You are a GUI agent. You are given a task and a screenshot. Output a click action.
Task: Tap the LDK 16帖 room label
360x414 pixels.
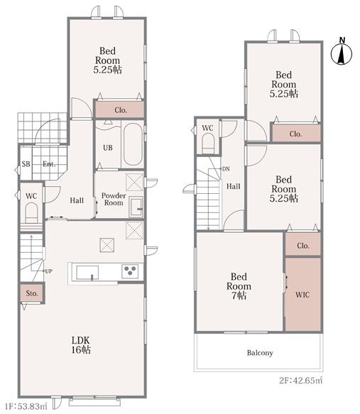[x=81, y=345]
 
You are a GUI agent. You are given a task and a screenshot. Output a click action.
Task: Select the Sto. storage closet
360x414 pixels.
[x=32, y=293]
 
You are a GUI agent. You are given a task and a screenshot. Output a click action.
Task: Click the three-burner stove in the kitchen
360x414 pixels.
[x=130, y=271]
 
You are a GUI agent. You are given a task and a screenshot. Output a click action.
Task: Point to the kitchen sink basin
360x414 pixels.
[x=87, y=273]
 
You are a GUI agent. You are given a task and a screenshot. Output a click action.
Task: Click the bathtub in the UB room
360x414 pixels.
[x=133, y=144]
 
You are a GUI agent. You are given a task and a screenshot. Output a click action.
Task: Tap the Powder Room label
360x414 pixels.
[x=114, y=199]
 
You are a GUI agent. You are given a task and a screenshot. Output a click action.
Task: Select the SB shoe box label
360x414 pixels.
[x=26, y=164]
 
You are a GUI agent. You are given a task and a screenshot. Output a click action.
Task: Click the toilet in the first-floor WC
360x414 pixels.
[x=31, y=213]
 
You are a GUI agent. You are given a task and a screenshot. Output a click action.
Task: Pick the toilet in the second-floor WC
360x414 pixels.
[x=208, y=143]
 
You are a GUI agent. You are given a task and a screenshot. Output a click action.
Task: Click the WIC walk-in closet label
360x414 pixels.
[x=302, y=295]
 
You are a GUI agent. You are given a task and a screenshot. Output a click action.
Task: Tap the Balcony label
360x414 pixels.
[x=260, y=353]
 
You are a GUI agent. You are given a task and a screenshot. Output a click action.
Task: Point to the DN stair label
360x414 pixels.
[x=226, y=169]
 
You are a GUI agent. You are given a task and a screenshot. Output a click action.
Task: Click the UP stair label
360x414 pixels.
[x=48, y=271]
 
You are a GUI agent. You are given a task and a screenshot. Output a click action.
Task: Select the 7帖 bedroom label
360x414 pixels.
[x=239, y=286]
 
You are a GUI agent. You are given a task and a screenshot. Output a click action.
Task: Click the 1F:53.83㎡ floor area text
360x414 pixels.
[x=26, y=405]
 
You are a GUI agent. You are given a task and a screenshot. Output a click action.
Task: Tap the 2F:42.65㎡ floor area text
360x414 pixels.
[x=301, y=381]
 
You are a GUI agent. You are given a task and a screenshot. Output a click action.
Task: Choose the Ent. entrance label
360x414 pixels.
[x=49, y=164]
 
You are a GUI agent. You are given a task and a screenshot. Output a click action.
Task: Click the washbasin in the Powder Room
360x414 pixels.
[x=136, y=207]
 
